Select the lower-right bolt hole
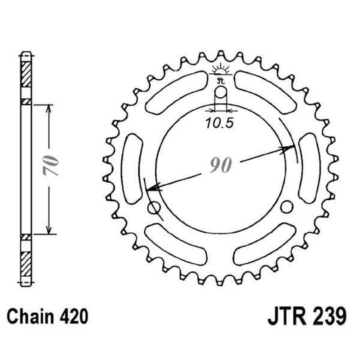click(x=287, y=207)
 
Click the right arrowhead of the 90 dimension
click(x=291, y=147)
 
